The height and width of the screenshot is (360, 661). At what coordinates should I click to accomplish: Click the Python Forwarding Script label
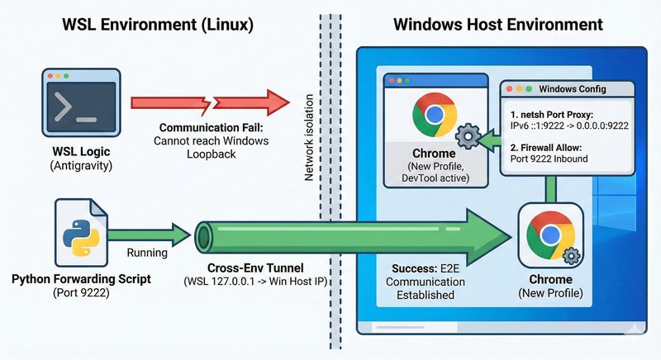[80, 279]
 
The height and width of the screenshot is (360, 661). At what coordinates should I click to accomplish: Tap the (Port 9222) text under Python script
[80, 293]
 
